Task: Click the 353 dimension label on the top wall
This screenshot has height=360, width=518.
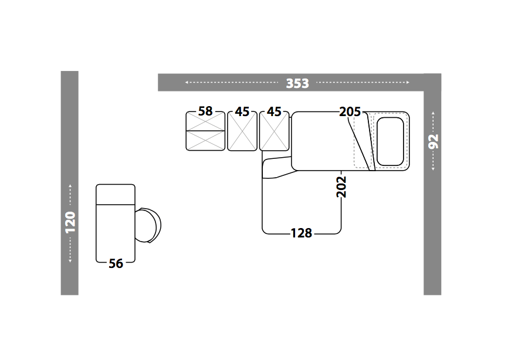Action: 297,83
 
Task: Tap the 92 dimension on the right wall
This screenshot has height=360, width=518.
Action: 433,141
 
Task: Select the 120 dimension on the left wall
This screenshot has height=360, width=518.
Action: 70,222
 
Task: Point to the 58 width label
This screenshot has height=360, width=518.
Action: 205,111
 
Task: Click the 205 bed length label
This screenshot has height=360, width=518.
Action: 350,111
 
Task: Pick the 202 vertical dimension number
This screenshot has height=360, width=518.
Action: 341,187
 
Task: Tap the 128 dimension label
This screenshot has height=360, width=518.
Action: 302,233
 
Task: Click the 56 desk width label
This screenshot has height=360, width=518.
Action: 116,264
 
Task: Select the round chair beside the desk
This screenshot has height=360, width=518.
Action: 148,226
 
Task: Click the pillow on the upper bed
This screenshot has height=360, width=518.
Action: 390,141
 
